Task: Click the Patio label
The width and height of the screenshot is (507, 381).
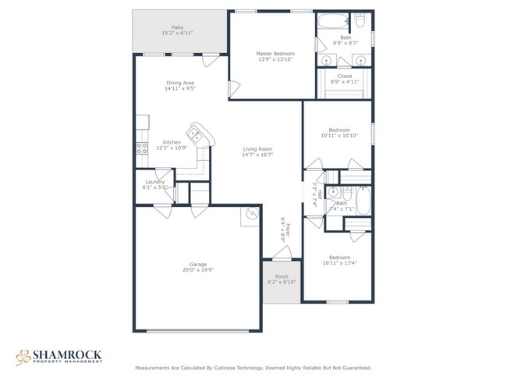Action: (178, 27)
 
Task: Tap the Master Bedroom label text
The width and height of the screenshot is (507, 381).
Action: (275, 54)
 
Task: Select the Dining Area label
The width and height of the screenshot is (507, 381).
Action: (179, 83)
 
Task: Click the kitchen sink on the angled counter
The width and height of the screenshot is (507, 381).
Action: (198, 136)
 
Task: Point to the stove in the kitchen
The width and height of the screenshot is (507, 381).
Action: (142, 147)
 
